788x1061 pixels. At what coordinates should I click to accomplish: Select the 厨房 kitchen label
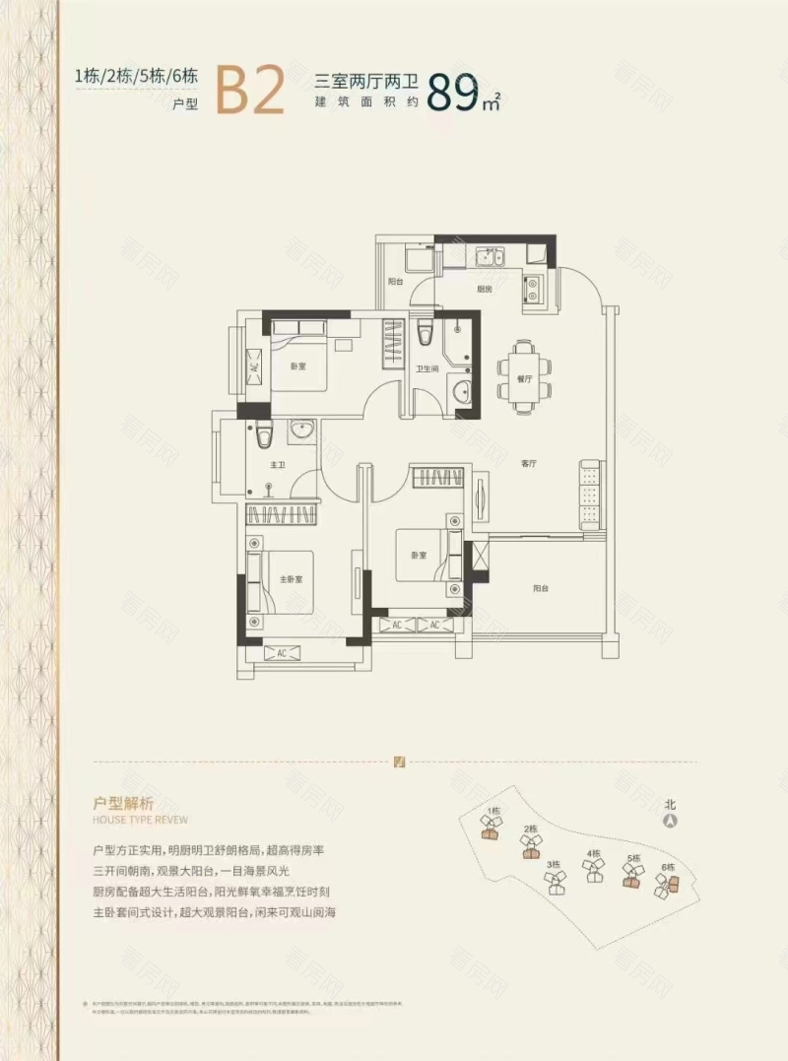[x=485, y=291]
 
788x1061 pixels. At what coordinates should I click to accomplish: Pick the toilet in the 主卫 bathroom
[x=261, y=431]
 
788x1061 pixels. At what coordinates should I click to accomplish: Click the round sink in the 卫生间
[x=460, y=393]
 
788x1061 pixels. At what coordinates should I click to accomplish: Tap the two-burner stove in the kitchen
[x=532, y=287]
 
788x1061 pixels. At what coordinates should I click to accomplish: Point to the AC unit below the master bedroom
[x=281, y=653]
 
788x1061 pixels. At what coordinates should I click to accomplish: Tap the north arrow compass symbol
[x=670, y=819]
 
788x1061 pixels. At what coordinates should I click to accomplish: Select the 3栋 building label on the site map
[x=553, y=865]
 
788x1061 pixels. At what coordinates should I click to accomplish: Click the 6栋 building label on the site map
[x=668, y=867]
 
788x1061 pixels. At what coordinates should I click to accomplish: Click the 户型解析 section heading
[x=122, y=802]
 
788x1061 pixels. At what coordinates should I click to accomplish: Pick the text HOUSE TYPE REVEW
[x=140, y=820]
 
